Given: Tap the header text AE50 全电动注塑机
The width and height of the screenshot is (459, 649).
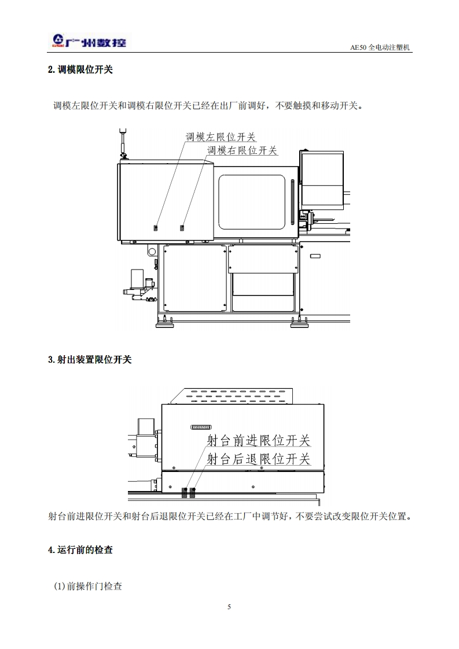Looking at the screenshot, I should pos(380,48).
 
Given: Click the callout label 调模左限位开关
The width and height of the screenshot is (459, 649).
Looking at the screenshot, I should pos(221,137).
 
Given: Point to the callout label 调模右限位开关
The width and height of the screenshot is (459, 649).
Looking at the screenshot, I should pos(243,150).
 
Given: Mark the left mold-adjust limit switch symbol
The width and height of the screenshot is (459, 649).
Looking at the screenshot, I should pos(155,227).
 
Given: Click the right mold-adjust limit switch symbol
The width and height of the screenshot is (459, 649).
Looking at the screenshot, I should pos(182,227).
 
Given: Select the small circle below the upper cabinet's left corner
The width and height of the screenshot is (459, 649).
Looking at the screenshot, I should pos(152,252).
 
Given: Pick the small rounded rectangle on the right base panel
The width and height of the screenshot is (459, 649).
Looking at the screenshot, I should pos(315,256).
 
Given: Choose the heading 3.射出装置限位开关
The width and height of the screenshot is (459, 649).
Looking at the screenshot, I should pos(90,359).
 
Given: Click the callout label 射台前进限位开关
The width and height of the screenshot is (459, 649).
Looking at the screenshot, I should pos(259,440).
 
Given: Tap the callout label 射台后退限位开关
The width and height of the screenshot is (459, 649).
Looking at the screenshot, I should pos(259,459).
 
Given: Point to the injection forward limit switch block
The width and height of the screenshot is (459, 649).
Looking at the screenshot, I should pos(185,492).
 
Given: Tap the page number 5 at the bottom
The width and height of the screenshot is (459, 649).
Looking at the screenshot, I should pos(229,607).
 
